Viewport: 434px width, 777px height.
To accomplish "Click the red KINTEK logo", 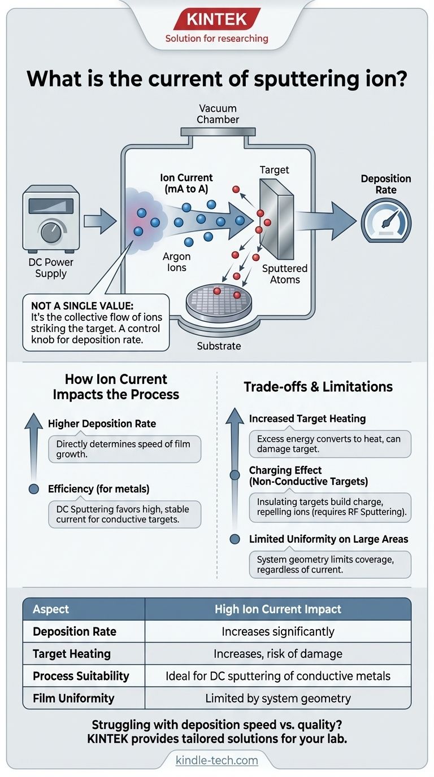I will pyautogui.click(x=217, y=20).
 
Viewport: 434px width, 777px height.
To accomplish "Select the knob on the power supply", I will pyautogui.click(x=49, y=232).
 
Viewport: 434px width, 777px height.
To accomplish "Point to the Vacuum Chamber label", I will pyautogui.click(x=218, y=114).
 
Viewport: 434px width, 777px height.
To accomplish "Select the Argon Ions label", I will pyautogui.click(x=177, y=263).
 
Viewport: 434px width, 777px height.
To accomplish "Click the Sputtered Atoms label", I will pyautogui.click(x=285, y=274).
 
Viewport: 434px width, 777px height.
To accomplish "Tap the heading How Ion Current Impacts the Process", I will pyautogui.click(x=116, y=387).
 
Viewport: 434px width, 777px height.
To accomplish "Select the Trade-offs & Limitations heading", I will pyautogui.click(x=318, y=387).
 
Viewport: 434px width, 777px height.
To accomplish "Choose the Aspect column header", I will pyautogui.click(x=51, y=609).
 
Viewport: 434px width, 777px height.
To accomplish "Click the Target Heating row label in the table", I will pyautogui.click(x=72, y=654).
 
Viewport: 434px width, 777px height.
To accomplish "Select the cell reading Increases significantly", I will pyautogui.click(x=278, y=631).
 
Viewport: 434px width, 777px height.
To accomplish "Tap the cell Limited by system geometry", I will pyautogui.click(x=278, y=698).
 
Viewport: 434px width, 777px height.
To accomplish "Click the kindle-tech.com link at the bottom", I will pyautogui.click(x=217, y=760).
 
